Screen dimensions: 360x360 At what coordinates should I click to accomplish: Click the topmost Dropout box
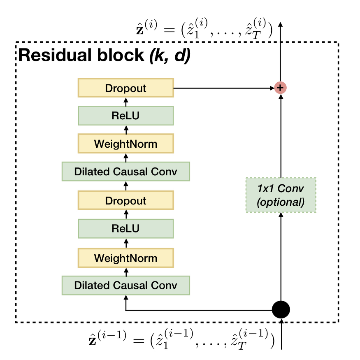pyautogui.click(x=125, y=88)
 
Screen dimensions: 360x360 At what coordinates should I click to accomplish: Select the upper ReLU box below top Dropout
pyautogui.click(x=125, y=116)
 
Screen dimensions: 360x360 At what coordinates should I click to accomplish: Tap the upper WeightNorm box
pyautogui.click(x=125, y=144)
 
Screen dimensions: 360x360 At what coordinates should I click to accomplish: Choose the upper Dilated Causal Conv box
pyautogui.click(x=125, y=172)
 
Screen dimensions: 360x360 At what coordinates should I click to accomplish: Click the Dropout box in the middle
pyautogui.click(x=125, y=201)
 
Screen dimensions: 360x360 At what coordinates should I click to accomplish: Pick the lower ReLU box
pyautogui.click(x=125, y=228)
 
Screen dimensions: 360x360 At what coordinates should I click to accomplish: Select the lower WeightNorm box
pyautogui.click(x=125, y=258)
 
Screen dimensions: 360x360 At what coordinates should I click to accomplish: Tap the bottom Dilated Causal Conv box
pyautogui.click(x=125, y=285)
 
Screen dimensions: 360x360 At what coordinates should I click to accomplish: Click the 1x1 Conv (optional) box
pyautogui.click(x=281, y=195)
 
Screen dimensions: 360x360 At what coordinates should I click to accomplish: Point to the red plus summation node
pyautogui.click(x=281, y=88)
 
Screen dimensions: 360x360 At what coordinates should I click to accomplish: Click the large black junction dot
pyautogui.click(x=281, y=309)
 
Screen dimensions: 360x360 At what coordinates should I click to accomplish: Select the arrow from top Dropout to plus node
pyautogui.click(x=222, y=88)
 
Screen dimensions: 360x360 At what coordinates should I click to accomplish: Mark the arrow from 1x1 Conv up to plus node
pyautogui.click(x=281, y=136)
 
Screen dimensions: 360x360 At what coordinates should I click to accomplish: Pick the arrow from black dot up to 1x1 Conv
pyautogui.click(x=281, y=255)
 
